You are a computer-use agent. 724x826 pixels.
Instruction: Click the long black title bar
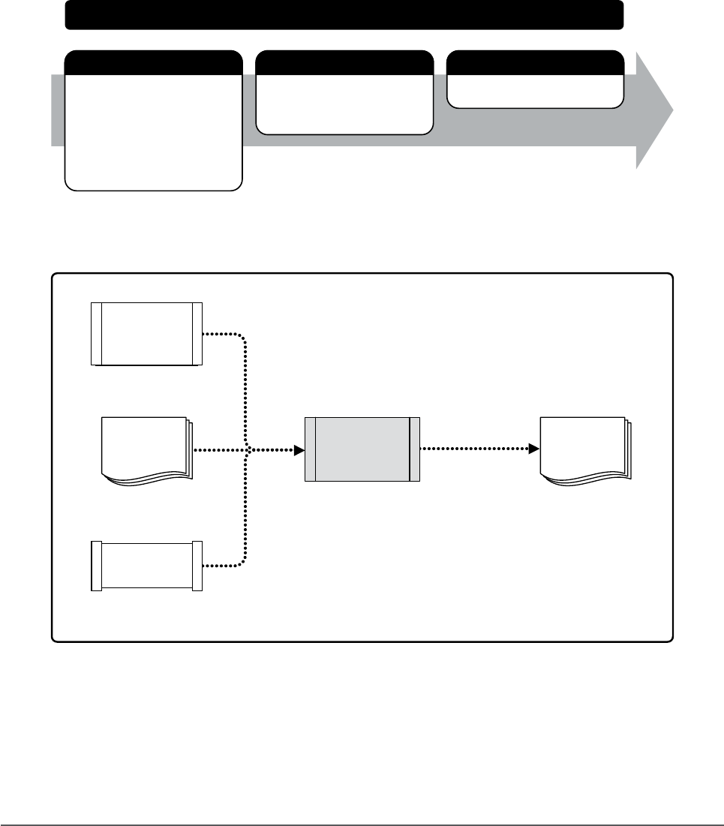coord(344,15)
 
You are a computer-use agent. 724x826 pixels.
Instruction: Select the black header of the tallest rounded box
coord(154,62)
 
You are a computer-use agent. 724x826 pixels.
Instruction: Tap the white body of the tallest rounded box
coord(154,131)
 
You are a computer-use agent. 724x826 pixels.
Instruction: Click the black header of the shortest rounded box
coord(535,62)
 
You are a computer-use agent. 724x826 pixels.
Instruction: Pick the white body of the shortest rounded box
coord(535,91)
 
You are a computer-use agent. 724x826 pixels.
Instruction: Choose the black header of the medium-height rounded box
coord(344,62)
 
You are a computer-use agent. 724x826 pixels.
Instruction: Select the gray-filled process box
coord(362,449)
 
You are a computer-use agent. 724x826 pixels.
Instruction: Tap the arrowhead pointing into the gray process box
coord(299,450)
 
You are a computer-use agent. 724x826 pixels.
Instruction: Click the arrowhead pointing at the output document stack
coord(534,449)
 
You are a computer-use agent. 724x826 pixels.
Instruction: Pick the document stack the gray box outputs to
coord(584,449)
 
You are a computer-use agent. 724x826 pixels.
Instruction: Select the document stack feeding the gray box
coord(145,449)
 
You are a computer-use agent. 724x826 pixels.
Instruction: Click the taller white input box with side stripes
coord(146,334)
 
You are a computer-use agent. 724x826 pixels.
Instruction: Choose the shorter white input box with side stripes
coord(146,565)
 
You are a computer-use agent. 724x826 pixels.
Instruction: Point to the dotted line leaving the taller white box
coord(225,335)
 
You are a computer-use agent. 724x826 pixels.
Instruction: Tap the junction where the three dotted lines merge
coord(247,450)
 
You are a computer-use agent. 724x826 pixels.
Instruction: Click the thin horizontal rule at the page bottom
coord(362,805)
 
